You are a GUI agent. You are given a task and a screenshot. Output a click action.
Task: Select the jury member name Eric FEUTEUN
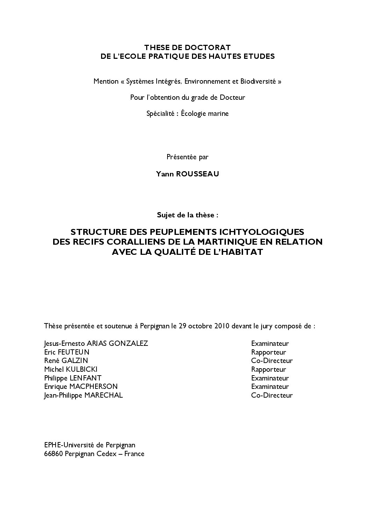[67, 352]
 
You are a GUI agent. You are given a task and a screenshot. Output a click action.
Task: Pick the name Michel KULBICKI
[71, 369]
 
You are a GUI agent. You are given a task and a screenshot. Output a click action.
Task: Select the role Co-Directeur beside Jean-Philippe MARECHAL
[272, 395]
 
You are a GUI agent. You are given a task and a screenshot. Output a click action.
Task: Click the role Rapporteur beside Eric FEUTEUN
[268, 352]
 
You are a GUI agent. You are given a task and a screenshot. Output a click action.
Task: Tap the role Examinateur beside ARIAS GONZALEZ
[270, 343]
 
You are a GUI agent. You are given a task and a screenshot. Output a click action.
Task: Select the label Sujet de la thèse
[187, 215]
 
